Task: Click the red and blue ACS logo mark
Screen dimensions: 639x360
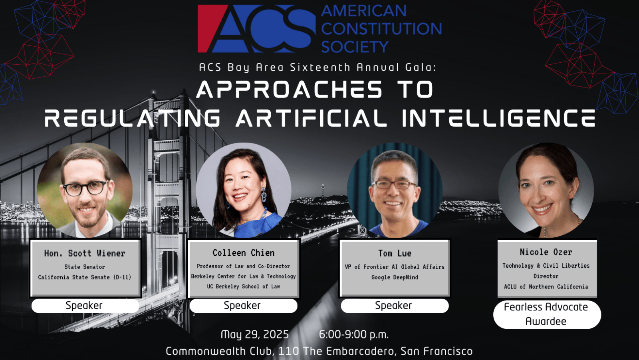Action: (x=256, y=28)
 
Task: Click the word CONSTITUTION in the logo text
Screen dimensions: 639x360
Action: (x=382, y=28)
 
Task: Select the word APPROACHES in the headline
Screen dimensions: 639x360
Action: (x=289, y=89)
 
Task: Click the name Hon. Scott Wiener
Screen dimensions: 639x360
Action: (x=84, y=253)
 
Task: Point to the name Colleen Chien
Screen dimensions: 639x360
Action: (x=243, y=253)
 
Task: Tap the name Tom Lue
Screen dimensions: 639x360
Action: (x=395, y=253)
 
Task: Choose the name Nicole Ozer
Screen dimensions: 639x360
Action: (x=546, y=252)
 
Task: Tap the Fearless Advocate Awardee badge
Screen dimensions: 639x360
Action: (x=547, y=314)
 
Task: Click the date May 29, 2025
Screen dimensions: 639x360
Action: (x=255, y=334)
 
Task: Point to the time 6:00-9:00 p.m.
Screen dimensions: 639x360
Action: (x=354, y=334)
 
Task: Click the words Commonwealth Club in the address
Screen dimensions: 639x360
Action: (x=218, y=351)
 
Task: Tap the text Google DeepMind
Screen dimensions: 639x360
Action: (x=395, y=277)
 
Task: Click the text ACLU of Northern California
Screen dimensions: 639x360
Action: (x=546, y=286)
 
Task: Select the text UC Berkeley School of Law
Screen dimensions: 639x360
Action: (x=243, y=286)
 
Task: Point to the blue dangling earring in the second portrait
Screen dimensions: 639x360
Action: (x=264, y=194)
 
